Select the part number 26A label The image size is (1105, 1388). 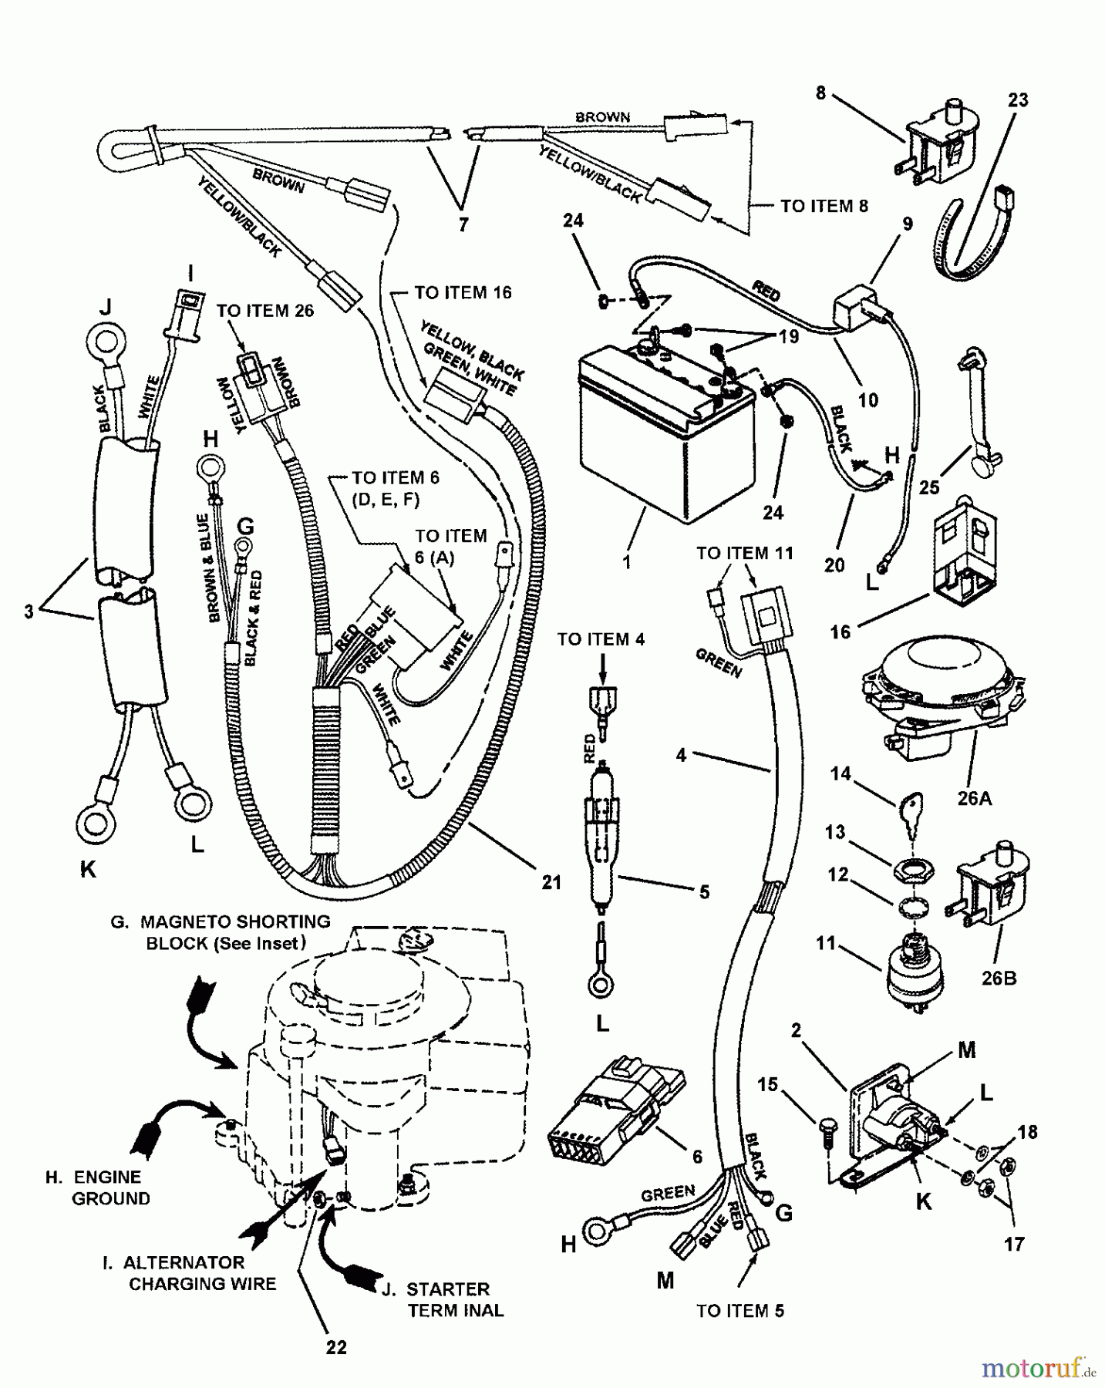(974, 799)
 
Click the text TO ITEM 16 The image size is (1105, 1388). (463, 293)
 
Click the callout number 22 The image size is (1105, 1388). (336, 1347)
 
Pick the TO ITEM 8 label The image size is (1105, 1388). (824, 206)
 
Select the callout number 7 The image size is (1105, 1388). (463, 225)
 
